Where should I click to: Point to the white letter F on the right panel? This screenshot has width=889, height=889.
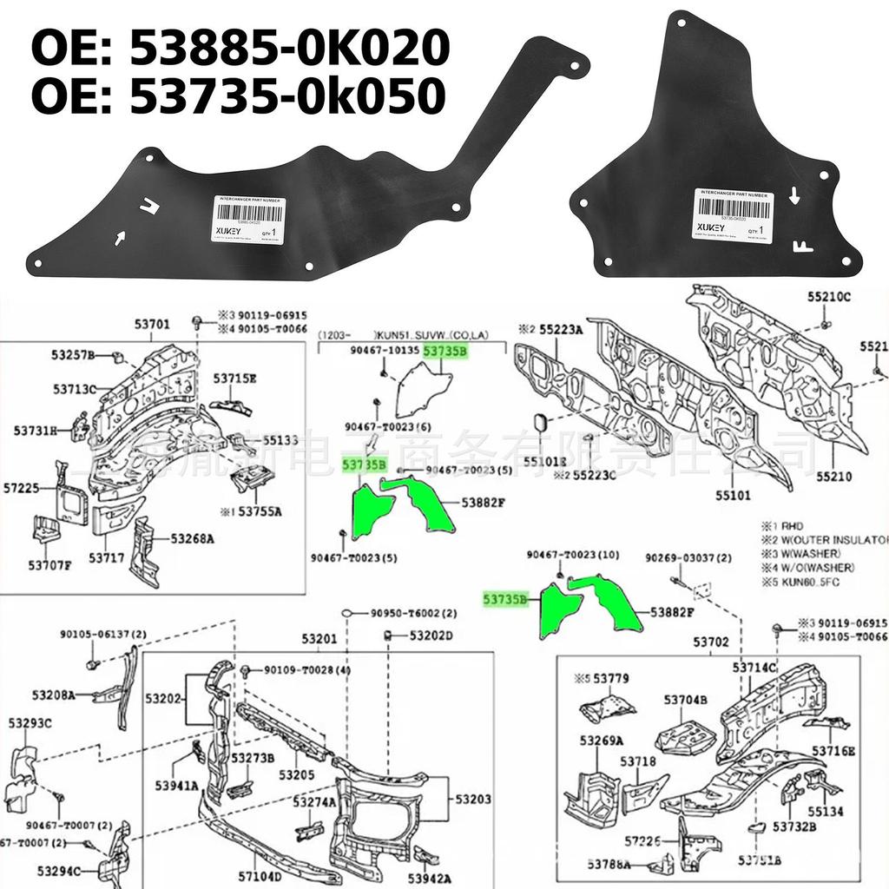803,245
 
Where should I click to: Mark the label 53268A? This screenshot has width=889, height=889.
192,538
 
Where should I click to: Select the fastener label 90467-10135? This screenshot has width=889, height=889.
379,351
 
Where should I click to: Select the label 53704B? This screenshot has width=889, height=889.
686,699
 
